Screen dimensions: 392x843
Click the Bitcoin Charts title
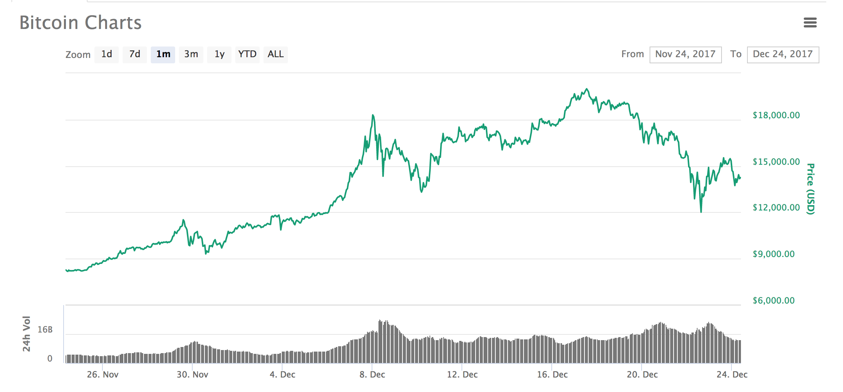coord(80,23)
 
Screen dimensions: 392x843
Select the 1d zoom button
coord(107,55)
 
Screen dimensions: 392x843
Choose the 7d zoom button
coord(135,55)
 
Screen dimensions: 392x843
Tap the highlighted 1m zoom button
coord(163,55)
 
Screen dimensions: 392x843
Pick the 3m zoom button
coord(191,55)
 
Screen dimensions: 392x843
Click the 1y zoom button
coord(219,55)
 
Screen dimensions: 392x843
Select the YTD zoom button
coord(247,55)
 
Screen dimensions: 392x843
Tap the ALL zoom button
coord(276,55)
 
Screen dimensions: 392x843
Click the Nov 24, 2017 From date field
coord(685,55)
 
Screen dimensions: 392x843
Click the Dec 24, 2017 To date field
coord(783,55)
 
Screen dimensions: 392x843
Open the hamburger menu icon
coord(810,23)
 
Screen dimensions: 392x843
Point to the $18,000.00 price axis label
coord(776,116)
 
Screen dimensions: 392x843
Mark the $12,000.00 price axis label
coord(776,208)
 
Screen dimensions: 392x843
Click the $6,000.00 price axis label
coord(773,301)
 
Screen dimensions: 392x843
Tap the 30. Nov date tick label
coord(192,375)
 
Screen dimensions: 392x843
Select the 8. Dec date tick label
coord(372,375)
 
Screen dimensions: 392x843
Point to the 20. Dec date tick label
coord(642,375)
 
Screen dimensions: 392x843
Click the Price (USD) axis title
coord(811,189)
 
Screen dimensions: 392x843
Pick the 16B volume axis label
coord(45,330)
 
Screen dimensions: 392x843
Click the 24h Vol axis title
coord(26,334)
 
